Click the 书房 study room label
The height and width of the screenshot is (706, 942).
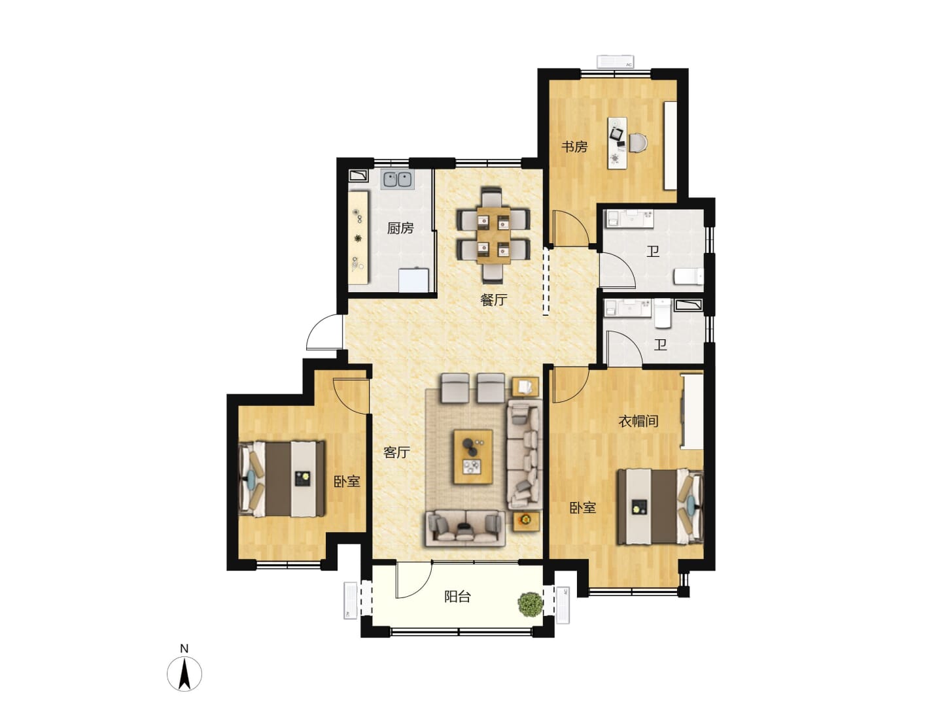574,147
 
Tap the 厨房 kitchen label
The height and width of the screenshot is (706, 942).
400,229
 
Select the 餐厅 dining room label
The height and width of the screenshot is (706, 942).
493,300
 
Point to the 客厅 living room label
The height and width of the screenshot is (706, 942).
396,452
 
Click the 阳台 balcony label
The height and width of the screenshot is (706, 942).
457,597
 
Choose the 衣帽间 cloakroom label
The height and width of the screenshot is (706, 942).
638,422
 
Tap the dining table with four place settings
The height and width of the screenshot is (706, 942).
493,235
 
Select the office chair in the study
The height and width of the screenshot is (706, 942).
638,143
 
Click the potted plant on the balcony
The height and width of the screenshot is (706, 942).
531,605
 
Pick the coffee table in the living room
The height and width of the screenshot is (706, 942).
473,457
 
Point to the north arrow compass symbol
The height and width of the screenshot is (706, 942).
184,673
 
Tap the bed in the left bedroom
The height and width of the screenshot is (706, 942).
282,479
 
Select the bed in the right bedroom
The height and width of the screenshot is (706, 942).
660,507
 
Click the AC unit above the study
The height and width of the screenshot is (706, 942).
616,61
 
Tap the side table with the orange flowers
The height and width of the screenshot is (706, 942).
526,521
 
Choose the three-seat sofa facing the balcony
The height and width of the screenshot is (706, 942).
464,528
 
